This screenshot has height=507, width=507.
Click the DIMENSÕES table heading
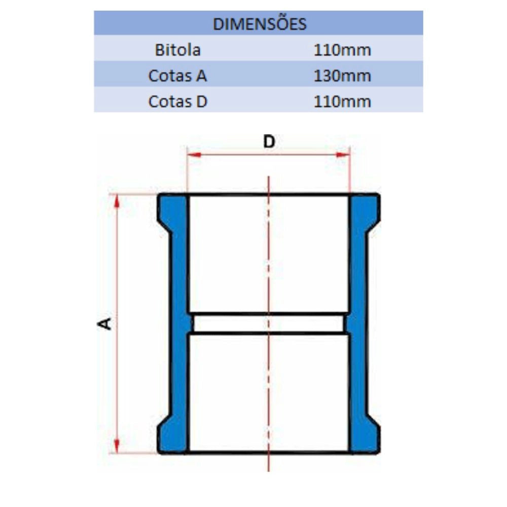click(x=259, y=24)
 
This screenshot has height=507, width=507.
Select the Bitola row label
click(x=177, y=50)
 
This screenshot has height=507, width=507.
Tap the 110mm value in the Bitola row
click(x=342, y=50)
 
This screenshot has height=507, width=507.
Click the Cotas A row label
click(x=177, y=76)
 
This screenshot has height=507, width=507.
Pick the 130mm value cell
click(x=342, y=76)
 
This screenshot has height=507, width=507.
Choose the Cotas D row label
click(x=177, y=101)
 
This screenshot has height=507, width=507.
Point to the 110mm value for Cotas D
click(x=342, y=101)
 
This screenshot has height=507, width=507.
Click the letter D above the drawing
click(x=269, y=142)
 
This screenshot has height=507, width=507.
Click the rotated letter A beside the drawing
click(x=105, y=323)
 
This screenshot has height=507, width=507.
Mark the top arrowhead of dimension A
click(x=117, y=200)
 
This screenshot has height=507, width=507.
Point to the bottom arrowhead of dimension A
click(x=117, y=446)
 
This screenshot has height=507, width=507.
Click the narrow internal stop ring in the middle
click(x=269, y=323)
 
